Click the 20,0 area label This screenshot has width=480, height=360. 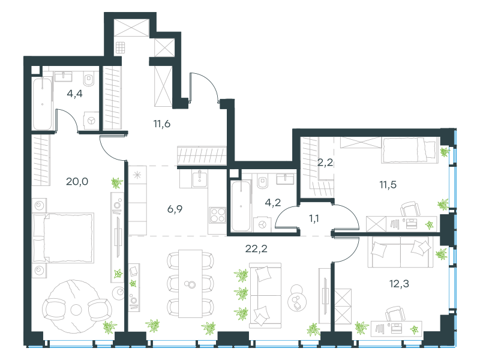coord(77,182)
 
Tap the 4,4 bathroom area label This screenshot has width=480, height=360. coord(74,94)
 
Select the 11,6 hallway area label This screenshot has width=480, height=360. coord(161,124)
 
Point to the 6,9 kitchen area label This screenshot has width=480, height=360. coord(175,209)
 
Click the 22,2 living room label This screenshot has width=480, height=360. coord(256,248)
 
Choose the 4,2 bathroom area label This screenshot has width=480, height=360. coord(273,202)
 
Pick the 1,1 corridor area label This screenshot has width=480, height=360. coord(314,218)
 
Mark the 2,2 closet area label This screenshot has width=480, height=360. coord(325,162)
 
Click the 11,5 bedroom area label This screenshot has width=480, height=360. coord(388,185)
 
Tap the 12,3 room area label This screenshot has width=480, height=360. coord(399,284)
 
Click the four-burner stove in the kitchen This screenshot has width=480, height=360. coord(218,215)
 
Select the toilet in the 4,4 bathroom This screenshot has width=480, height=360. coord(89,79)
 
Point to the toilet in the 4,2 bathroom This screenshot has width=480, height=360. coord(263,182)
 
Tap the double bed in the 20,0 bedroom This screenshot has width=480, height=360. coord(63,238)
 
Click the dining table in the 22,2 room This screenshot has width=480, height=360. coord(190,284)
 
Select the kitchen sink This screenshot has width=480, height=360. coord(200,179)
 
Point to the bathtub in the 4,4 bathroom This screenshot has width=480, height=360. coord(42,104)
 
